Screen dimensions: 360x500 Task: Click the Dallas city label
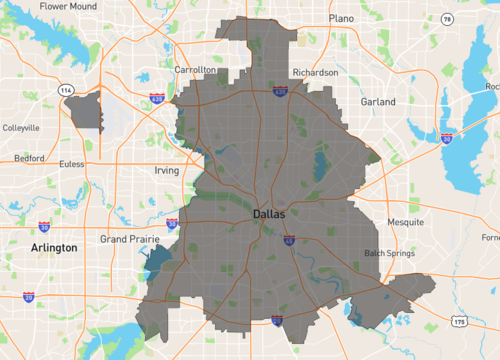pos(268,214)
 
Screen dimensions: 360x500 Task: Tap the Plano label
pos(342,18)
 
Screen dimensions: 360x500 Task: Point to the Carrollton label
pos(195,70)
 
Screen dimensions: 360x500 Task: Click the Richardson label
pos(315,73)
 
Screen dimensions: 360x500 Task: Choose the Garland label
pos(379,102)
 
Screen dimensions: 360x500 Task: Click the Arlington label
pos(54,247)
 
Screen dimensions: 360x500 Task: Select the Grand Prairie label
pos(130,240)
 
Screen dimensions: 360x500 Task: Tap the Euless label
pos(72,164)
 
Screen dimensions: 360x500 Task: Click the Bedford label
pos(29,158)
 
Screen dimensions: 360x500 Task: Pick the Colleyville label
pos(21,128)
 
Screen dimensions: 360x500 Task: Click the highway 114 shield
pos(66,90)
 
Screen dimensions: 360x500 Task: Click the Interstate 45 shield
pos(288,240)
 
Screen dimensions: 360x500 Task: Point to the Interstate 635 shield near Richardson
pos(280,91)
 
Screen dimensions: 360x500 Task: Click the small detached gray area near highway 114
pos(89,109)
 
